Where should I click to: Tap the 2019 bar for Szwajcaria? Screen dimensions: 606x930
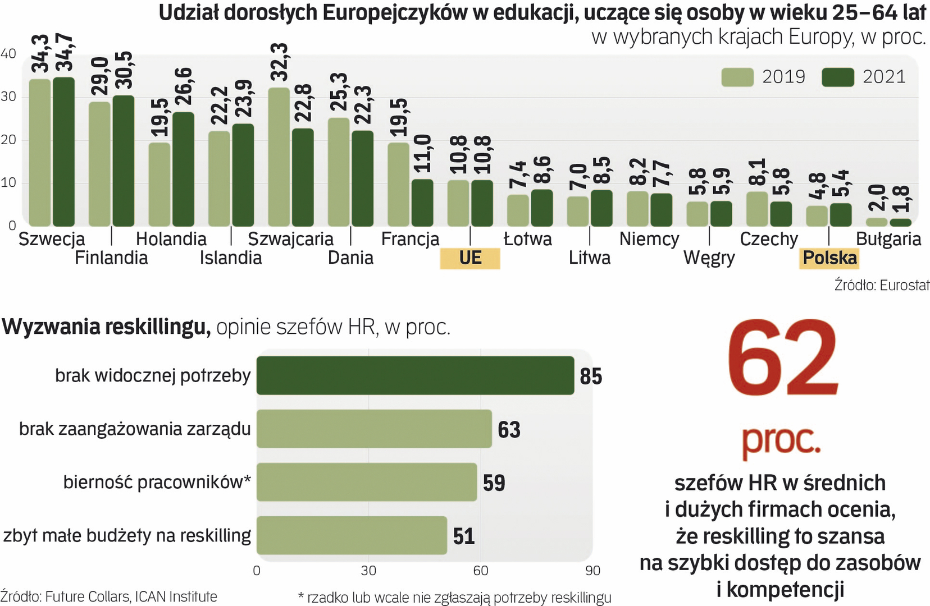279,157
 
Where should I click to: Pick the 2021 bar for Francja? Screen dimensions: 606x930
422,203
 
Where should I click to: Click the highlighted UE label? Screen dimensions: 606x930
470,258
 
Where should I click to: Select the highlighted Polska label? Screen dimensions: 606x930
829,258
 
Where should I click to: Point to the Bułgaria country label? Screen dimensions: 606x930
888,239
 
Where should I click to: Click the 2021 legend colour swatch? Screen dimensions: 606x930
837,77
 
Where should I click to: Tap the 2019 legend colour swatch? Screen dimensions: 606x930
737,77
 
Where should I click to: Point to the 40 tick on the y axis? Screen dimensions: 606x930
8,54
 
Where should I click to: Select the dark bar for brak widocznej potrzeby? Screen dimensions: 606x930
416,375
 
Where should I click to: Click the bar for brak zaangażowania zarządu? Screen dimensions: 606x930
374,429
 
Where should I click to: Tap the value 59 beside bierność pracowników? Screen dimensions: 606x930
494,483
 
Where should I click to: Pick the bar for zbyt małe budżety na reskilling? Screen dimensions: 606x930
352,535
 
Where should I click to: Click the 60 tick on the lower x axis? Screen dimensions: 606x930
481,571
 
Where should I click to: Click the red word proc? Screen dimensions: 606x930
781,441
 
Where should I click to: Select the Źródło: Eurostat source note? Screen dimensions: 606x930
881,285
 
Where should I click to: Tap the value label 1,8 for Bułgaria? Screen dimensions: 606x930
900,200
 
